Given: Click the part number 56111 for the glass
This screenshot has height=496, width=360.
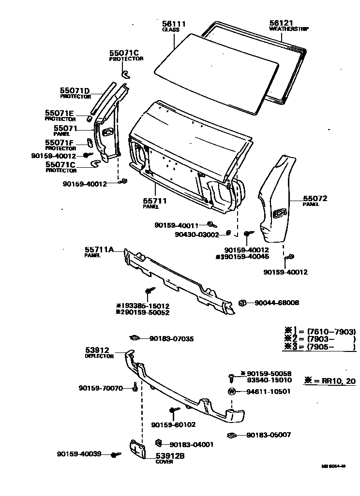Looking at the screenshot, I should [174, 23].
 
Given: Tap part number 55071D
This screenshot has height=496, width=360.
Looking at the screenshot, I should [75, 90].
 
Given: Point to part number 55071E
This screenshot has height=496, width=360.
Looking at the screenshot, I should [60, 113].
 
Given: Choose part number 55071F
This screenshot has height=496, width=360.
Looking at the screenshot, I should [60, 143].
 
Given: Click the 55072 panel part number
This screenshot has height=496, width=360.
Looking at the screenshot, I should [315, 198].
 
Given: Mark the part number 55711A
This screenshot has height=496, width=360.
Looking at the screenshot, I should [99, 249].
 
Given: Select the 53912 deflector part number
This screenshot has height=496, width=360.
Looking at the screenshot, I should [97, 350].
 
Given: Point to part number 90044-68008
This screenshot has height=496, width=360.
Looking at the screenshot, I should [277, 303].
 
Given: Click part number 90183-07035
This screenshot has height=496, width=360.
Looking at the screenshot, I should [171, 339].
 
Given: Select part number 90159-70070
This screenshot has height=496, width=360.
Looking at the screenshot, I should [101, 388].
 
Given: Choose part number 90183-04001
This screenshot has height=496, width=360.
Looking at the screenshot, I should [192, 444].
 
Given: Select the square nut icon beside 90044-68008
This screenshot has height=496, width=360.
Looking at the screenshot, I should [243, 303].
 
